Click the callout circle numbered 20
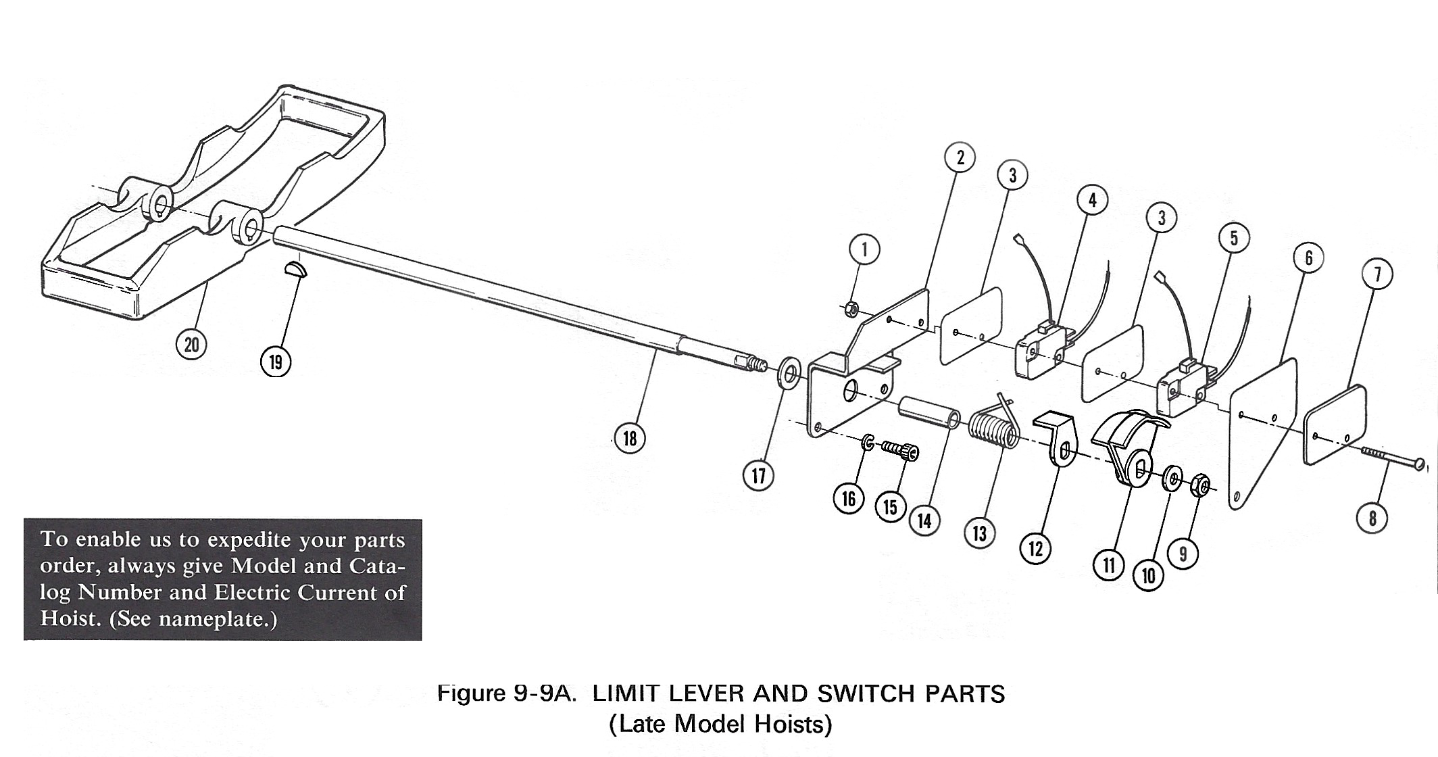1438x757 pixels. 192,345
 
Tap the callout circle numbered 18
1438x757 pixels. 630,438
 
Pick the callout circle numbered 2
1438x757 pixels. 960,157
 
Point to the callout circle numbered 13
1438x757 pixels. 980,533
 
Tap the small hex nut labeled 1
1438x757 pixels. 852,310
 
